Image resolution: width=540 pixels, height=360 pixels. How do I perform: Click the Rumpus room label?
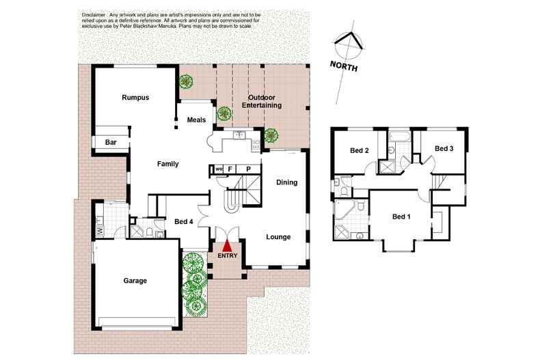[x=135, y=98]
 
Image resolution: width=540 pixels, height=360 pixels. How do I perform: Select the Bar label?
[x=110, y=142]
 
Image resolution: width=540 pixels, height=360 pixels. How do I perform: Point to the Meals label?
[x=197, y=120]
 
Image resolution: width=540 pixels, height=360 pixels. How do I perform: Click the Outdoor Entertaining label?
[x=265, y=102]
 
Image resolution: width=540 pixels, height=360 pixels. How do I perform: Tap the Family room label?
[x=167, y=164]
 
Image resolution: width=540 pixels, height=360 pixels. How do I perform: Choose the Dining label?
[x=286, y=182]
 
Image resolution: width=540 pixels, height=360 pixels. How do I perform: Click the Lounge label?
[x=278, y=237]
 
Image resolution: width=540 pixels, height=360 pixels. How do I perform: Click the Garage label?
[x=135, y=281]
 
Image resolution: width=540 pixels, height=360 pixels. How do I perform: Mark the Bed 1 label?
[x=401, y=217]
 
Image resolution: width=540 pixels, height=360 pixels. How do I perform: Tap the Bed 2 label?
[x=360, y=150]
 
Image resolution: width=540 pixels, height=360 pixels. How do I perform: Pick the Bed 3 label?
[x=444, y=148]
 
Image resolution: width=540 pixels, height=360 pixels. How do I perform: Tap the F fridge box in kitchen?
[x=230, y=168]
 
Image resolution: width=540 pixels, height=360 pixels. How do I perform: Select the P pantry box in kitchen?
[x=248, y=168]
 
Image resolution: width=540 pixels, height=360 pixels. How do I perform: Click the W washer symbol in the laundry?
[x=100, y=231]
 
